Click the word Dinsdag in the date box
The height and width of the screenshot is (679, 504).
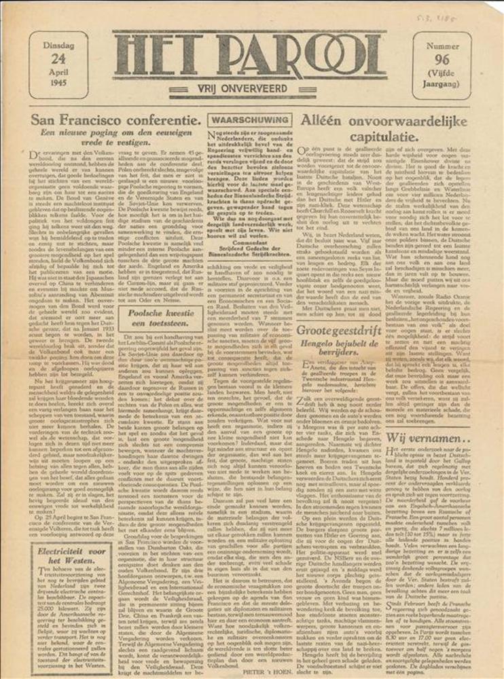[x=58, y=45]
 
